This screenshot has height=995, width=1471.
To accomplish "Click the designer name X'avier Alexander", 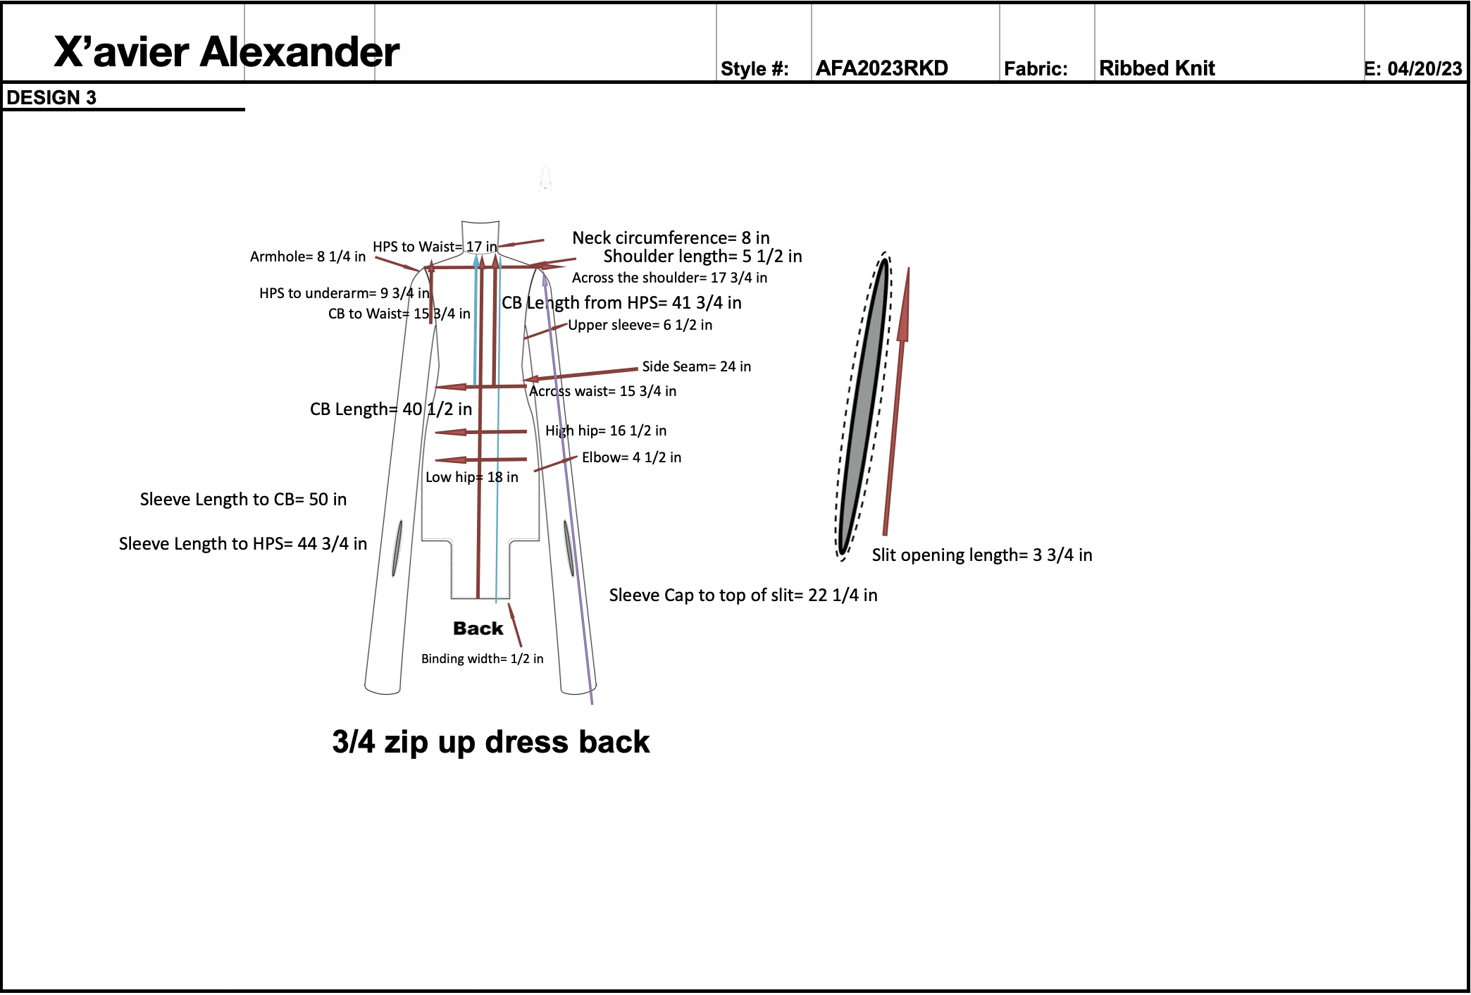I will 226,52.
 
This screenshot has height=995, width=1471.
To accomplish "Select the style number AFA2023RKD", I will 881,68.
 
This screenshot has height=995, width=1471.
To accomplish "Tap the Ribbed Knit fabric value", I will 1157,68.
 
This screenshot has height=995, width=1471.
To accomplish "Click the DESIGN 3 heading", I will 51,98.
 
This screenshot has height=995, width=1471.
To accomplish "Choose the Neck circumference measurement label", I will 670,238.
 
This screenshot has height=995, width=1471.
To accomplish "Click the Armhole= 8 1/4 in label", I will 308,257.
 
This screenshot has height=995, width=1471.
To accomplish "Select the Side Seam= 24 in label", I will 696,366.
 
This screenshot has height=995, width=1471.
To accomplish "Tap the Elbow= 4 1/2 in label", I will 631,457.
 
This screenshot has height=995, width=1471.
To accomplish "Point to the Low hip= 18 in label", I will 471,477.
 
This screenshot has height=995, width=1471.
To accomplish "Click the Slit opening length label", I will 981,555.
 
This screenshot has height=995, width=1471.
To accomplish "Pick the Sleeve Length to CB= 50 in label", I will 243,500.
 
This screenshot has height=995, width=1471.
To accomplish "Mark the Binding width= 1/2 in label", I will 482,659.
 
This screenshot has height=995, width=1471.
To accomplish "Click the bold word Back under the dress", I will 478,629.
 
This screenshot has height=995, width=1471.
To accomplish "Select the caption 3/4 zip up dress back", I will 490,742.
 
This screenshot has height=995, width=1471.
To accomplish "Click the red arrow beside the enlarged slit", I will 896,402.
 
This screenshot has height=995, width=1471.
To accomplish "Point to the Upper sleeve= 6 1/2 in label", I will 640,325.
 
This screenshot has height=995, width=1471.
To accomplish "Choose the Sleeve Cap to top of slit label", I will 743,595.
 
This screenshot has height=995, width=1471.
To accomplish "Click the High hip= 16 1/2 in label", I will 606,431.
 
